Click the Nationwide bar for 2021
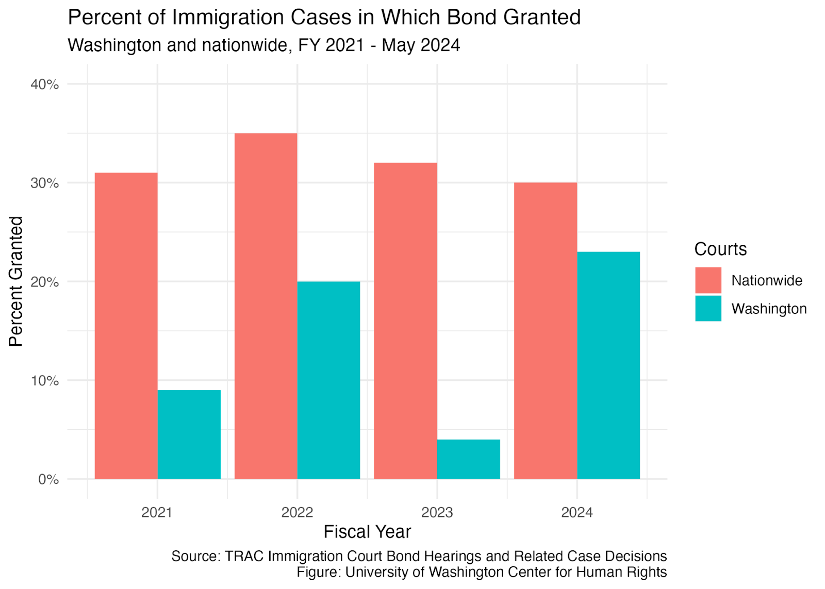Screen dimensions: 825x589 (x=126, y=326)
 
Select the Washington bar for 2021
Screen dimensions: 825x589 (x=189, y=435)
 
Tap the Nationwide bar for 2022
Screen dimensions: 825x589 (x=266, y=306)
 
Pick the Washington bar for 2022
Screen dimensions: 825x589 (x=329, y=381)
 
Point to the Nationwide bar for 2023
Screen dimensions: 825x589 (x=406, y=321)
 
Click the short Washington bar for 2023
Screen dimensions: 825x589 (x=469, y=460)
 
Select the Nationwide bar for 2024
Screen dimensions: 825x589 (x=546, y=331)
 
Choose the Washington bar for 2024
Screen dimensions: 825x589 (x=609, y=365)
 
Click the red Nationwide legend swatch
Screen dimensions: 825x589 (x=708, y=280)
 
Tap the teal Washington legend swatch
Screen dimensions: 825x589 (x=708, y=309)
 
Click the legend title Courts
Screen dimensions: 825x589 (x=720, y=249)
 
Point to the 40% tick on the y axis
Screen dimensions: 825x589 (x=45, y=85)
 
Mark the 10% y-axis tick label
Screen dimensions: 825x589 (x=45, y=381)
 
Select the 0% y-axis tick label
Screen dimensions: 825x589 (x=48, y=480)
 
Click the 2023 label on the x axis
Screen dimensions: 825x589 (x=437, y=512)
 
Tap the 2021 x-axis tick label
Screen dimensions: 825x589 (x=157, y=512)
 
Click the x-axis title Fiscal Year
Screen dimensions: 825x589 (x=367, y=532)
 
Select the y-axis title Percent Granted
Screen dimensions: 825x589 (x=16, y=281)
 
